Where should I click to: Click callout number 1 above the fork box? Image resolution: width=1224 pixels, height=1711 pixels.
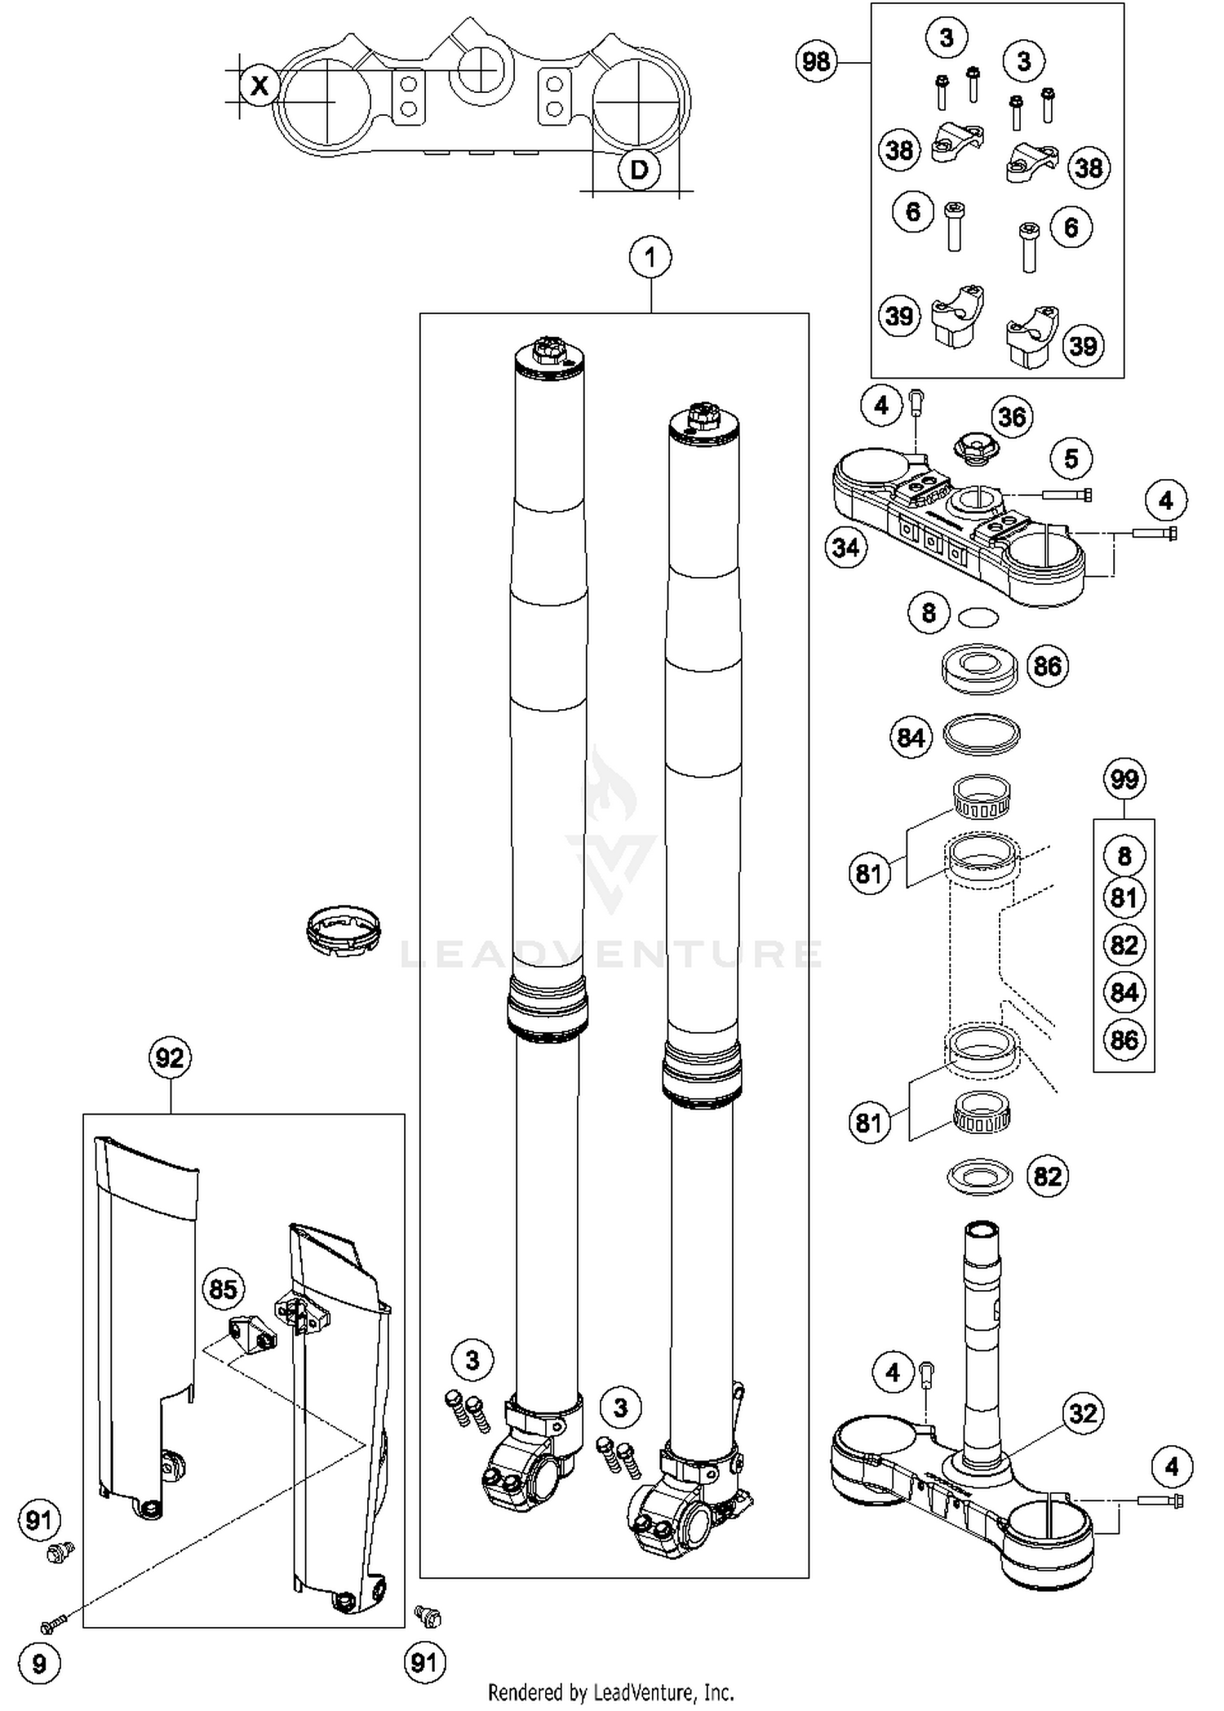point(650,258)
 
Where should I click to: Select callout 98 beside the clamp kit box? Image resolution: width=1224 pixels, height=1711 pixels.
point(816,61)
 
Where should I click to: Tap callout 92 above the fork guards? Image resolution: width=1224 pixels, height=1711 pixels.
point(170,1058)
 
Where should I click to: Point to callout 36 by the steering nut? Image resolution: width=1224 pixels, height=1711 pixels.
point(1012,417)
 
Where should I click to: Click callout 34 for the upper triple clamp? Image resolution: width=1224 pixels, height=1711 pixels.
point(845,547)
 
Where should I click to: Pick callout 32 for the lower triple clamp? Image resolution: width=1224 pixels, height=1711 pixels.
point(1082,1412)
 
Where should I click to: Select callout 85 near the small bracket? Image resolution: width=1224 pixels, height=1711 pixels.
point(223,1289)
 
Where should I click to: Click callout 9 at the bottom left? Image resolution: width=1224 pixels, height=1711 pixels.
point(38,1663)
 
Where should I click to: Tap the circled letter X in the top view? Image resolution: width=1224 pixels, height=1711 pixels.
point(259,85)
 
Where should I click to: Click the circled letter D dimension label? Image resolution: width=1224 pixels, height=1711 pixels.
point(639,170)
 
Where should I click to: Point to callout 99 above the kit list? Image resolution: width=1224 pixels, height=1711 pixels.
point(1124,779)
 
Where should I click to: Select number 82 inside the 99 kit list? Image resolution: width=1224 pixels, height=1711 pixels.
point(1124,945)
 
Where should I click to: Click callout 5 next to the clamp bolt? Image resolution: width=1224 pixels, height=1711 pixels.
point(1071,459)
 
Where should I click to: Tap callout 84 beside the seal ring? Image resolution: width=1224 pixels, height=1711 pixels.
point(910,738)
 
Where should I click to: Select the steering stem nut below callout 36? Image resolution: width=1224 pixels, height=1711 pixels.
point(972,448)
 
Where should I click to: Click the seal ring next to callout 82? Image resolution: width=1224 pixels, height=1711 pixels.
point(979,1177)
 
